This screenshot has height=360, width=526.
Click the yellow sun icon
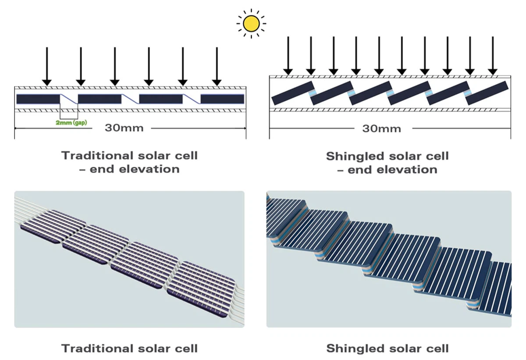tap(251, 24)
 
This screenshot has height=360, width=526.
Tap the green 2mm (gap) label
tap(71, 123)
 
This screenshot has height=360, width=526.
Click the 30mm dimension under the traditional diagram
tap(124, 128)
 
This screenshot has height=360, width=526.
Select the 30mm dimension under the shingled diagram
tap(381, 128)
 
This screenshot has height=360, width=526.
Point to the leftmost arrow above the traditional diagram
tap(47, 66)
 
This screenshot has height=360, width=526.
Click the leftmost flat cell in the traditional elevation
tap(38, 99)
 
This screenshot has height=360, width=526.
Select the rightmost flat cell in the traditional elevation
tap(222, 99)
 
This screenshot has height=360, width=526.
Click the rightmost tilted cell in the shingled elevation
tap(487, 93)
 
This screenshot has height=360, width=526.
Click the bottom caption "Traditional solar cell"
tap(129, 349)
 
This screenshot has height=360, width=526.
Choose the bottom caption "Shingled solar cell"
tap(387, 349)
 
